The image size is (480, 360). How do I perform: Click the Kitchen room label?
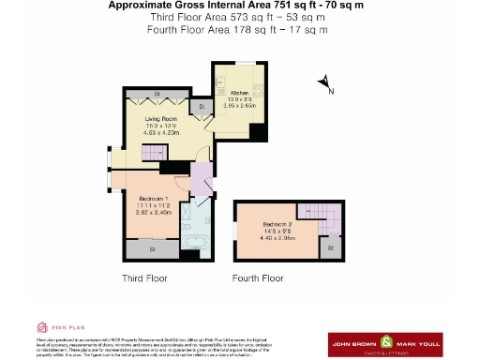[237, 94]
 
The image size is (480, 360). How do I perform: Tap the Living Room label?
[160, 120]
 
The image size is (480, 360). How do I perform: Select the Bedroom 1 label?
[153, 199]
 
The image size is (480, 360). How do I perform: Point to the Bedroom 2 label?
[277, 225]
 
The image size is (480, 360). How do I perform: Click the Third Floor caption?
[144, 278]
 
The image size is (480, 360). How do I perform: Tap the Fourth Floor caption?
[258, 278]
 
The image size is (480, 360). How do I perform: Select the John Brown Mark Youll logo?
[382, 343]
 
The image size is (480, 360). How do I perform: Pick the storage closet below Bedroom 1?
[154, 249]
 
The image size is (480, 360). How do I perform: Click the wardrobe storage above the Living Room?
[157, 95]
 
